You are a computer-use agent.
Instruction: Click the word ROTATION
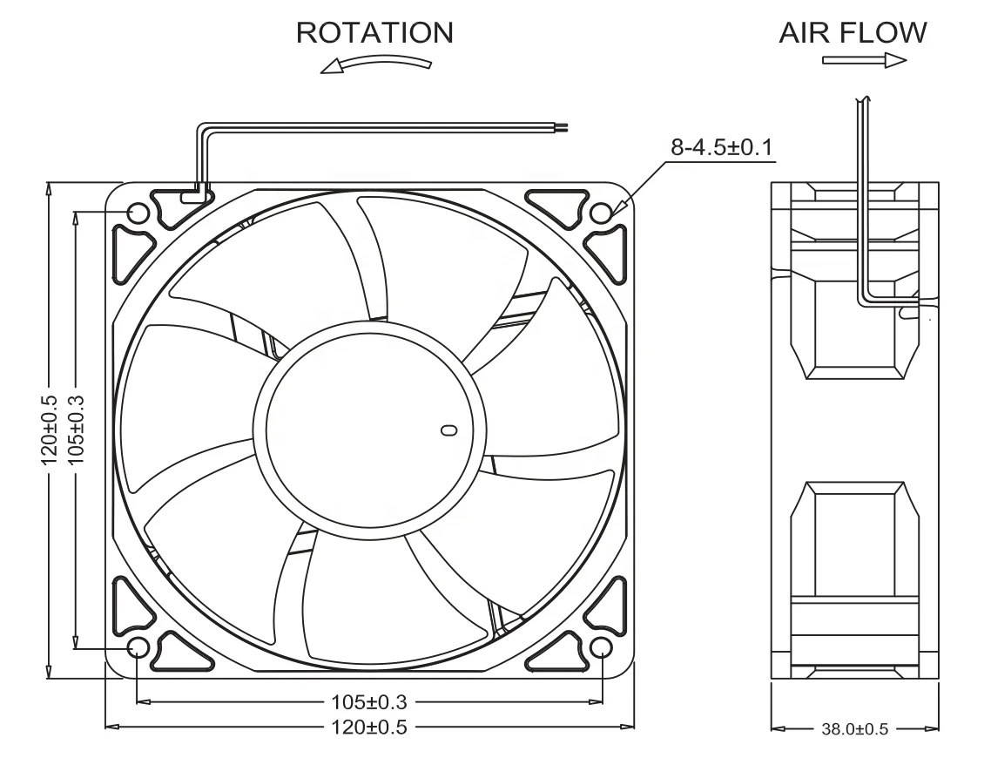click(374, 32)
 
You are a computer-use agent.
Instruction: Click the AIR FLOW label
click(853, 32)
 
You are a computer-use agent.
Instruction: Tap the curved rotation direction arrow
click(376, 65)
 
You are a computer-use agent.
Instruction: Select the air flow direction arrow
click(865, 60)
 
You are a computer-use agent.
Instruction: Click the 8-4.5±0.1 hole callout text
click(723, 147)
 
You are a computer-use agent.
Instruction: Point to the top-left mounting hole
click(138, 213)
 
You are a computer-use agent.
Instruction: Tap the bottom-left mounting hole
click(138, 647)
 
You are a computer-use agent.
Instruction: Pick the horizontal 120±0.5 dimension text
click(369, 726)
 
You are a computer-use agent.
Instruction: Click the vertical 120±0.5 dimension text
click(49, 430)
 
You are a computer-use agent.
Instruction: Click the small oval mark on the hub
click(448, 430)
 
